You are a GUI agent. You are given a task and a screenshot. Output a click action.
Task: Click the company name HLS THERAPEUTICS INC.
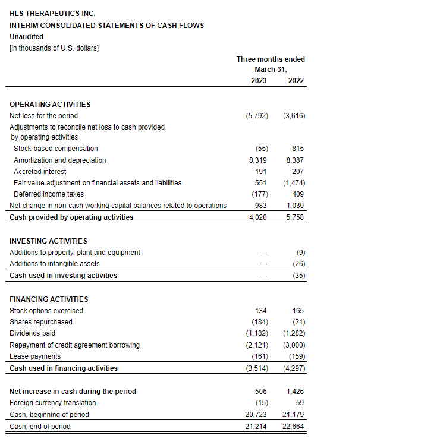pyautogui.click(x=52, y=14)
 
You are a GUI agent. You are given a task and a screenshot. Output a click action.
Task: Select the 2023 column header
pyautogui.click(x=259, y=80)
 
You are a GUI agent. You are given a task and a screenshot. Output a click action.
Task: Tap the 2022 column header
pyautogui.click(x=296, y=80)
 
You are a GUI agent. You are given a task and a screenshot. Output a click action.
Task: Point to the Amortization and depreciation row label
pyautogui.click(x=60, y=160)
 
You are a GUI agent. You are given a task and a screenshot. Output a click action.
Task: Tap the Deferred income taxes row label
pyautogui.click(x=49, y=194)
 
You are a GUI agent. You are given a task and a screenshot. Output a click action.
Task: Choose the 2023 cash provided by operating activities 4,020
pyautogui.click(x=258, y=217)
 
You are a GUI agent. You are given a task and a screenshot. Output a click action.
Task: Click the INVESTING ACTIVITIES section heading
pyautogui.click(x=48, y=241)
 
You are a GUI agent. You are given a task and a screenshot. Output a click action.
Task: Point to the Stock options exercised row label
pyautogui.click(x=46, y=311)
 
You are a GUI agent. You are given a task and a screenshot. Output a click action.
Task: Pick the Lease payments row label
pyautogui.click(x=35, y=356)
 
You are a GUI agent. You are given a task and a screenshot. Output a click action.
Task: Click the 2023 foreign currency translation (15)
pyautogui.click(x=260, y=403)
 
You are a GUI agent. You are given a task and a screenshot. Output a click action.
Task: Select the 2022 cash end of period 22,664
pyautogui.click(x=296, y=427)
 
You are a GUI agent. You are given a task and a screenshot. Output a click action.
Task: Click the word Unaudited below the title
pyautogui.click(x=26, y=37)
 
